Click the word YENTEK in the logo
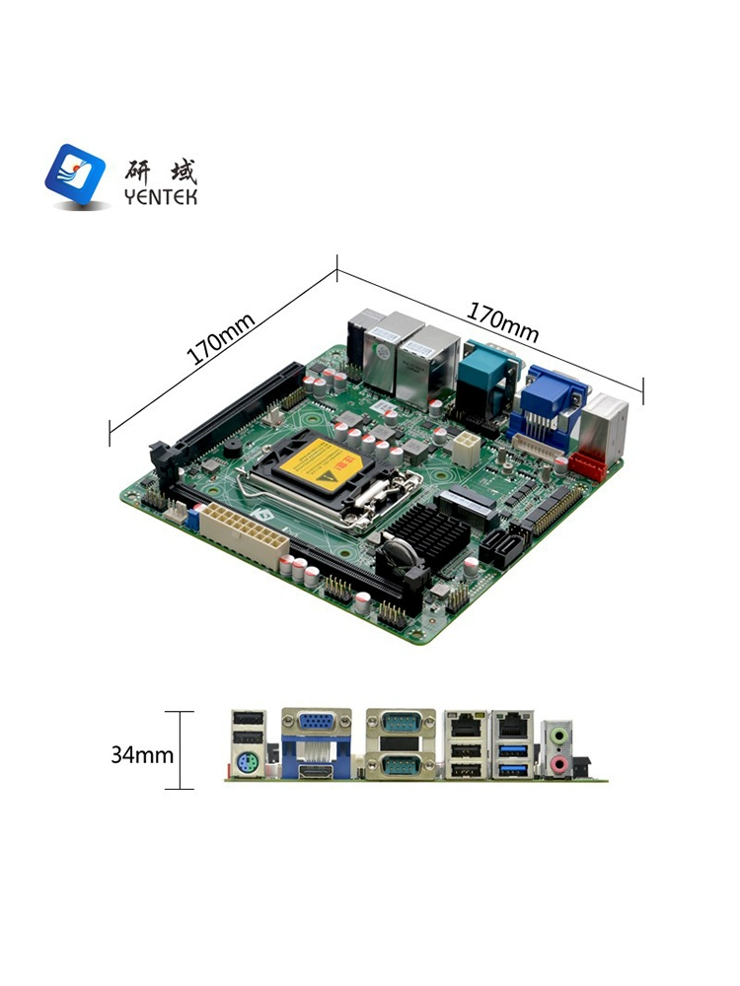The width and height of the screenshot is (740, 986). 161,197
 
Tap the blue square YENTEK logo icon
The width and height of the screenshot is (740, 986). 76,175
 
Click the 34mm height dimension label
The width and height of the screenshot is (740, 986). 142,754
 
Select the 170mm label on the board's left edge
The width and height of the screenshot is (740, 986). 221,339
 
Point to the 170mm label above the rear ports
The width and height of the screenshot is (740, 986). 502,322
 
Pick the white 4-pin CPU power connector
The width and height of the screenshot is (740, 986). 466,448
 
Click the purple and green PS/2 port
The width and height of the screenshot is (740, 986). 247,765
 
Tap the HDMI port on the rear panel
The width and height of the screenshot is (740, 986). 317,771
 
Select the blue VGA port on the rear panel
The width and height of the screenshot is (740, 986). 317,722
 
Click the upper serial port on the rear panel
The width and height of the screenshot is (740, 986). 401,723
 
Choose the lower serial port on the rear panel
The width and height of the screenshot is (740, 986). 401,765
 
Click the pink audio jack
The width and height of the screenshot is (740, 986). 557,764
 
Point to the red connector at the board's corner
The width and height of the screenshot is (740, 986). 586,465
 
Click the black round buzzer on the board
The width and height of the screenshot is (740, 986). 232,449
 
